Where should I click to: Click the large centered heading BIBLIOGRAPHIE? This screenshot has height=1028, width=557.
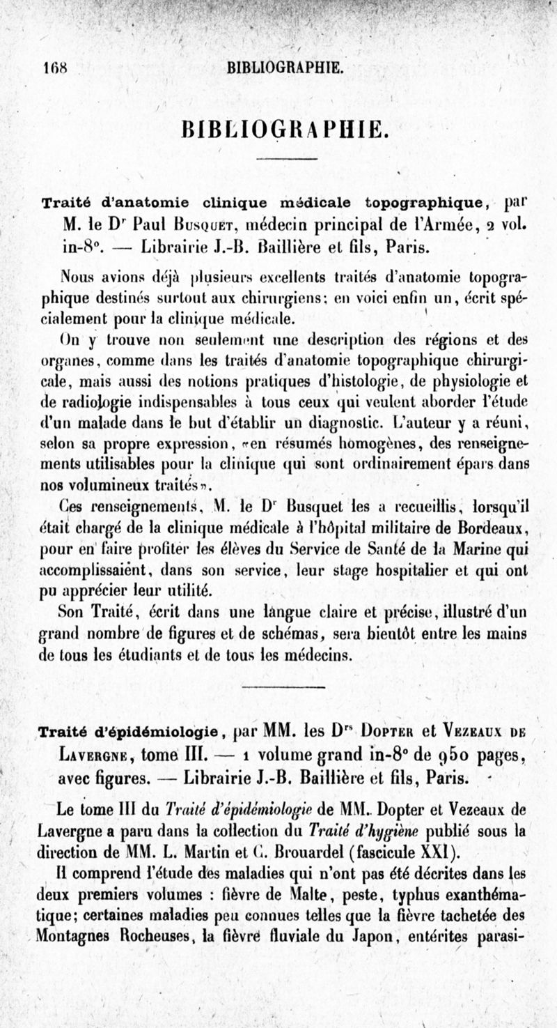(281, 130)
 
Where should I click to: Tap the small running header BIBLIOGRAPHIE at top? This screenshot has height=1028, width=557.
(285, 68)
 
